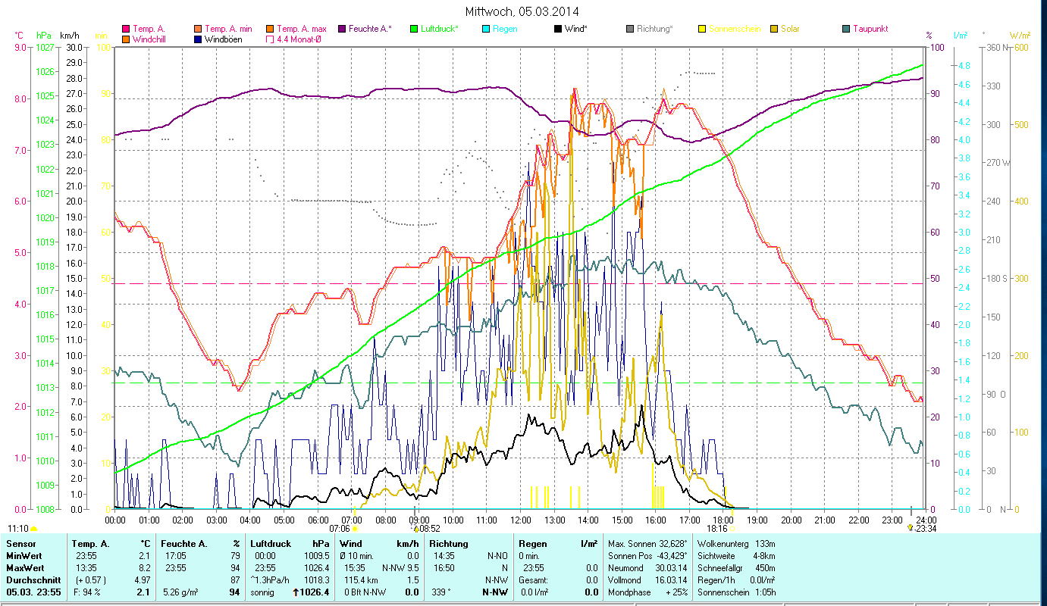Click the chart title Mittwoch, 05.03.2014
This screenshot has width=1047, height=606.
pos(523,11)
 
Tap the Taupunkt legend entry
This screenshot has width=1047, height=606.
pos(870,29)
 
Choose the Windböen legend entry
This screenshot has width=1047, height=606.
pos(223,39)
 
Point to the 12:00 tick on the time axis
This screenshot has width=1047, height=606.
pos(521,520)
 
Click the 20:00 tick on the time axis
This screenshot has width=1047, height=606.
pos(791,520)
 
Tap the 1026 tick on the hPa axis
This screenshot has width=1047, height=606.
pos(45,72)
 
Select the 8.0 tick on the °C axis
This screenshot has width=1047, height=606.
pos(19,98)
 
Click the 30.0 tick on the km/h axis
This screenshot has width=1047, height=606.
pos(74,47)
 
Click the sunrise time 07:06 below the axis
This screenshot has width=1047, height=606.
pos(340,529)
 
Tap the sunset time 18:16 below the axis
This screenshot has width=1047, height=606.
pos(716,529)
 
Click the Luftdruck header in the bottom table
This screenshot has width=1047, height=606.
pos(270,544)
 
